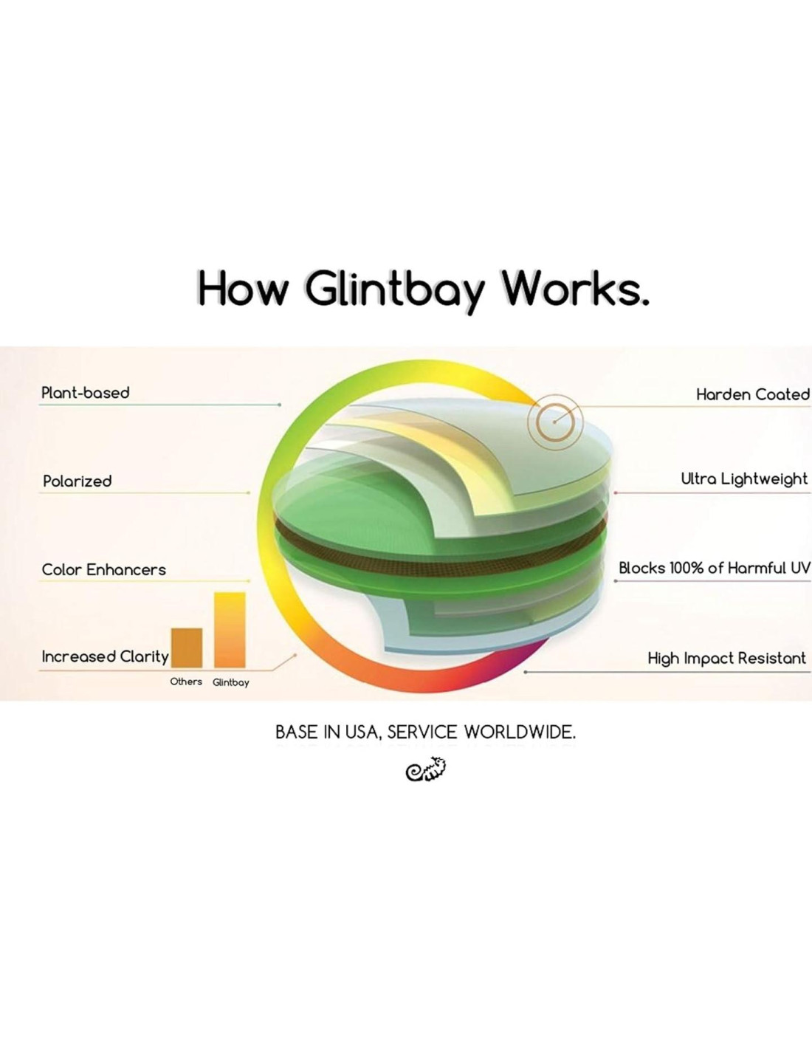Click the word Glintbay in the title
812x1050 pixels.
394,289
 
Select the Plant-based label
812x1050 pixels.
86,393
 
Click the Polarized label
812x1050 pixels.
78,481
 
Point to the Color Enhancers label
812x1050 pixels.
104,570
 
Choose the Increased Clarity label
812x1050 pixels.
106,656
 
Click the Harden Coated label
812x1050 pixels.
752,395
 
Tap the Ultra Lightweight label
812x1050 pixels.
744,479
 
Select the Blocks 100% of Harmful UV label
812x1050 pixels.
714,568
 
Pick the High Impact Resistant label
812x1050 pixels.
726,658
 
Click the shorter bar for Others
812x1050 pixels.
187,648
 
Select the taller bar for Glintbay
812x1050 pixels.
230,630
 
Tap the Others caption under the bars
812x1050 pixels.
186,682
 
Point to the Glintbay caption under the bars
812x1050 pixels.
231,682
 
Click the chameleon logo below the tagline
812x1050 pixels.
426,769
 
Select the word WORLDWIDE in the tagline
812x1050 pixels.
520,732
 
